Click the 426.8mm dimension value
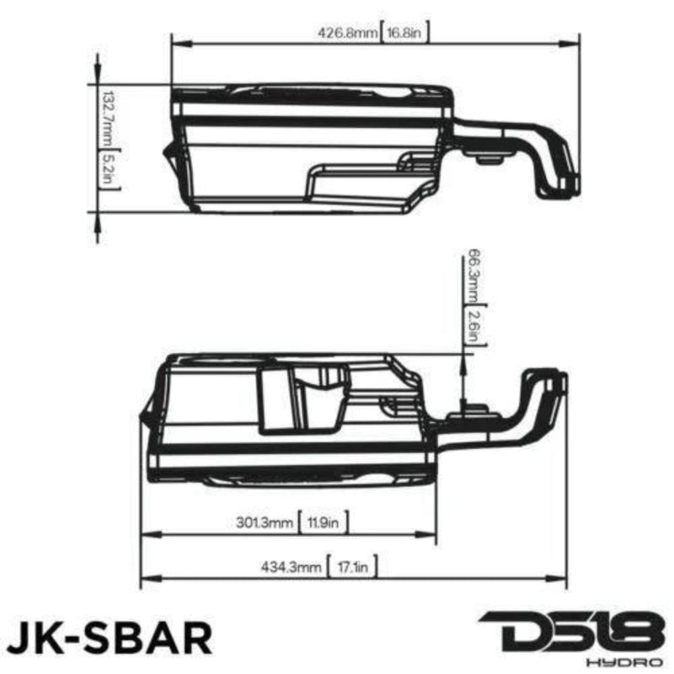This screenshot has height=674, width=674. coord(347,34)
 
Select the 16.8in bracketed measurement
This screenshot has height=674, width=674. coord(408,34)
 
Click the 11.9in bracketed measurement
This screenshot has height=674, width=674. coord(324,522)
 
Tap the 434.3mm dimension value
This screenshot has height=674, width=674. coord(291,568)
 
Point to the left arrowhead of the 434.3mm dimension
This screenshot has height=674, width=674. coord(146,578)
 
